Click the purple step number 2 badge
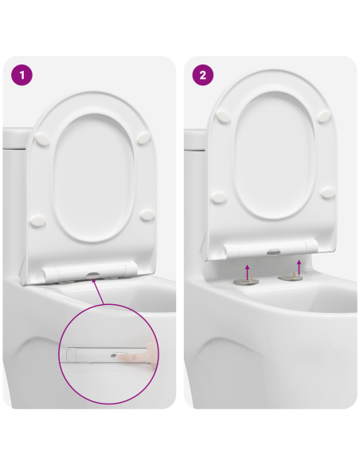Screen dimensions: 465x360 pyautogui.click(x=203, y=76)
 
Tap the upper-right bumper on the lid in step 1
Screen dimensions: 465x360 pyautogui.click(x=144, y=137)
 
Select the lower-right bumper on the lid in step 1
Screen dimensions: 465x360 pyautogui.click(x=146, y=214)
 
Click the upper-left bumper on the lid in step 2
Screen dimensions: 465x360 pyautogui.click(x=225, y=116)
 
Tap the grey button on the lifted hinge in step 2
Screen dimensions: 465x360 pyautogui.click(x=273, y=250)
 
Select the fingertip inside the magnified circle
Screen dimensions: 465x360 pyautogui.click(x=147, y=351)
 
